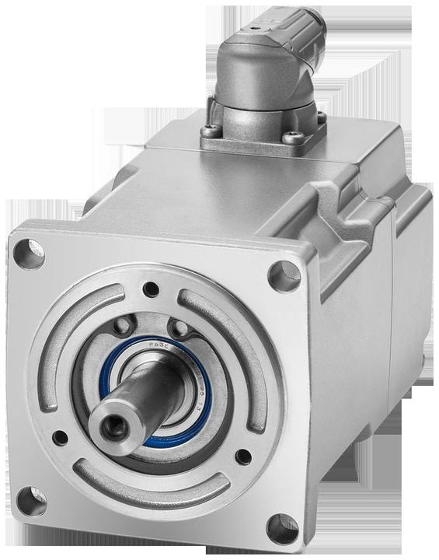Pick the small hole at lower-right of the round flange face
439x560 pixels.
[x=242, y=456]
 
